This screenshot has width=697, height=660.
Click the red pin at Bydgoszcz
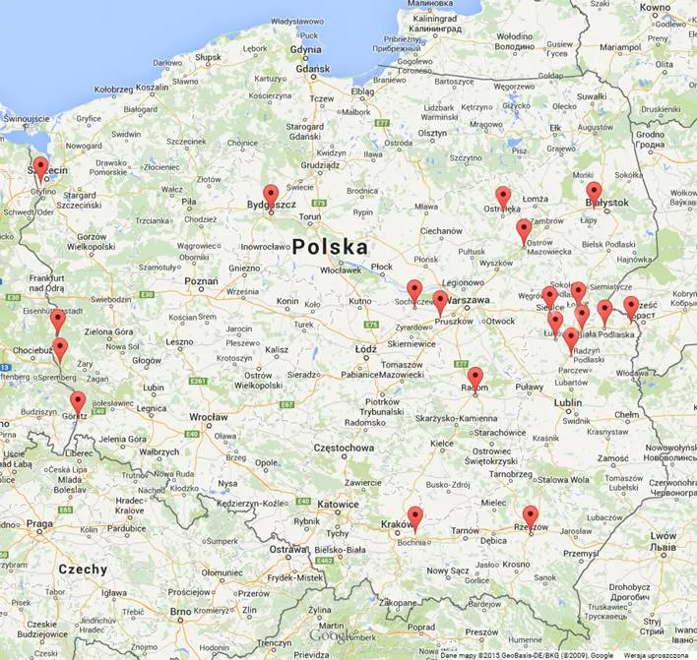coord(271,195)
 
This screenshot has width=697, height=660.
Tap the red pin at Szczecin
coord(40,167)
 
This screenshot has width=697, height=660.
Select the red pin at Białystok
coord(594,192)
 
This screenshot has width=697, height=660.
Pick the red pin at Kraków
coord(415,516)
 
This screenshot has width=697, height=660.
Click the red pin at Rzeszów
coord(531,515)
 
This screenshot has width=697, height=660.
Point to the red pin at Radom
coord(475,377)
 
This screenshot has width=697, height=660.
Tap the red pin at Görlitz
coord(78,401)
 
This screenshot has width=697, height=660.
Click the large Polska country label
coord(330,247)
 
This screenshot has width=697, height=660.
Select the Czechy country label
coord(83,569)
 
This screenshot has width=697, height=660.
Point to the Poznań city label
coord(201,280)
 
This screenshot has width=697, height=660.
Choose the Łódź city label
coord(366,349)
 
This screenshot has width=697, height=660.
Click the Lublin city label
coord(567,401)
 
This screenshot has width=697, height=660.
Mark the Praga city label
coord(40,524)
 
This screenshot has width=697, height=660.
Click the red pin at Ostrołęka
coord(503,197)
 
